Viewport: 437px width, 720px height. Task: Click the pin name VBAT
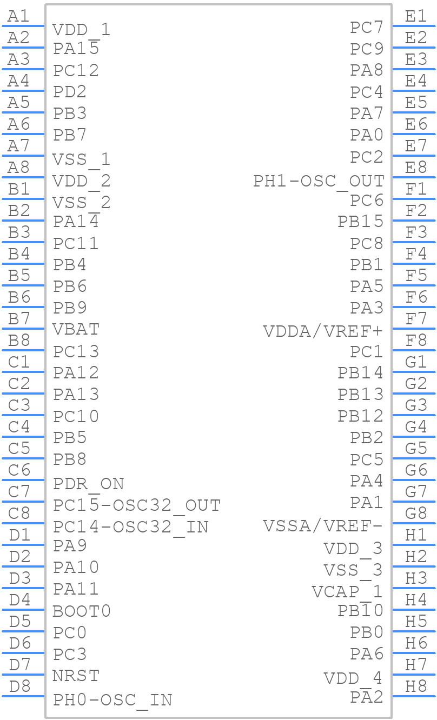coord(76,330)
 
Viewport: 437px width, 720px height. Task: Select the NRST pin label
coord(76,676)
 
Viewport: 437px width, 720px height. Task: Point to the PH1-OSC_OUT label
coord(319,182)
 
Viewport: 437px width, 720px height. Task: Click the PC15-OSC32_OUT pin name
coord(137,505)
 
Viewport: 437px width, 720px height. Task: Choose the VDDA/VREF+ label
coord(323,331)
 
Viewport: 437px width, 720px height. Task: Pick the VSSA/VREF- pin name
coord(323,526)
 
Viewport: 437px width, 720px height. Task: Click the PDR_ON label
coord(89,484)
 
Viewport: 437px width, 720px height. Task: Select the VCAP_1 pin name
coord(347,592)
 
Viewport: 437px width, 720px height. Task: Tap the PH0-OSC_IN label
coord(112,701)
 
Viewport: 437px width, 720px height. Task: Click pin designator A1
coord(18,16)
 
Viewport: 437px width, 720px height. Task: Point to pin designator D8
coord(19,686)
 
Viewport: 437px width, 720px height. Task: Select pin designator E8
coord(416,168)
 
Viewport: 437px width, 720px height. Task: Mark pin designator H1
coord(416,535)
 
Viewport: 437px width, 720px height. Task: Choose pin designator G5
coord(416,449)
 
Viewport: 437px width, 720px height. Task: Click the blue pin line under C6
coord(23,480)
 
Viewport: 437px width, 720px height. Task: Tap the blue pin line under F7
coord(414,329)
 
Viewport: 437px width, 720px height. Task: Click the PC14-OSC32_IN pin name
coord(130,527)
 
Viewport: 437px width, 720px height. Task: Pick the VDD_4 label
coord(353,678)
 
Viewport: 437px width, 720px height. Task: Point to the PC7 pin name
coord(367,28)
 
